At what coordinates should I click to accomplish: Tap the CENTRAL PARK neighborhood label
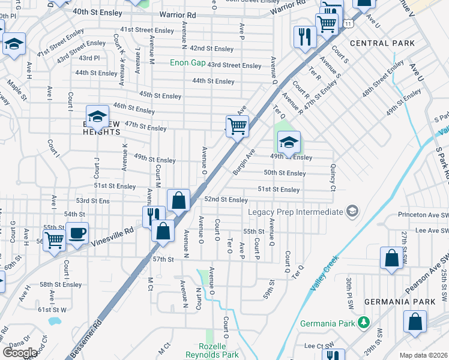pos(382,43)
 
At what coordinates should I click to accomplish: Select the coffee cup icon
pos(77,234)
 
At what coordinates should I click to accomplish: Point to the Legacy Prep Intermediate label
pos(296,212)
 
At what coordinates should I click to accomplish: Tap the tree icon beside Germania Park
pos(363,323)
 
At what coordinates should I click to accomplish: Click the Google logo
pos(19,353)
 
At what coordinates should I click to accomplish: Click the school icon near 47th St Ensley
pos(97,117)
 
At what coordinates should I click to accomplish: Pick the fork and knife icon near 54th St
pos(154,214)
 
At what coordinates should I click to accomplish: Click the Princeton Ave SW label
pos(423,214)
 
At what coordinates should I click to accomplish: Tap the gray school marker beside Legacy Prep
pos(352,211)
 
